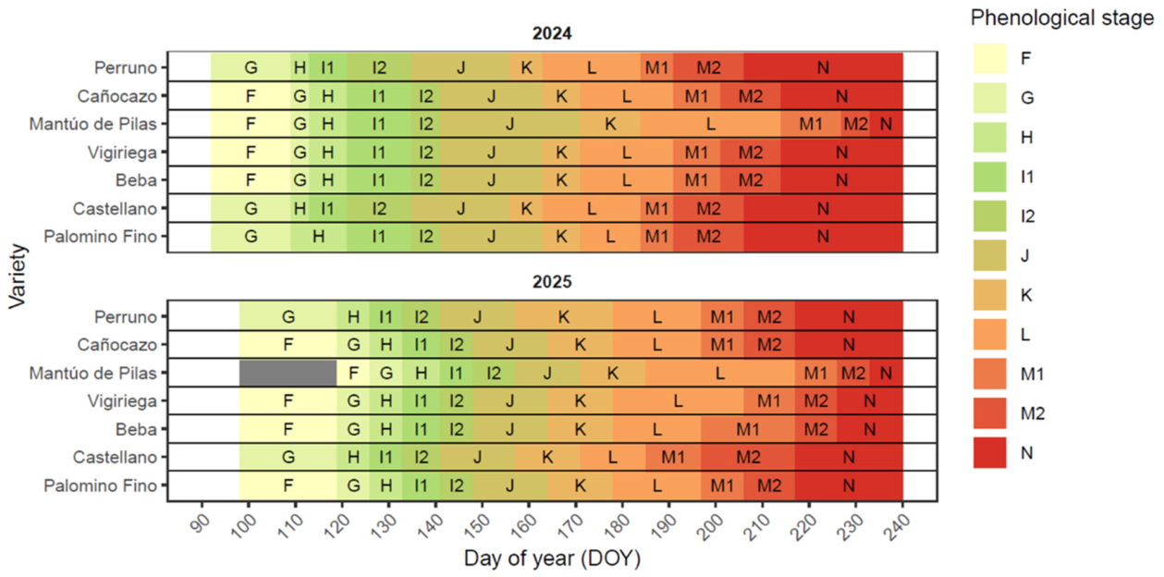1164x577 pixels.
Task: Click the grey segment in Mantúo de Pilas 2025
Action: click(288, 373)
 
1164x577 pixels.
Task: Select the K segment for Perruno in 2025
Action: click(563, 316)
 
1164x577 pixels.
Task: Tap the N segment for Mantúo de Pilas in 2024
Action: click(887, 124)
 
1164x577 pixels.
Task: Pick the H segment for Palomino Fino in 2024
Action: click(319, 237)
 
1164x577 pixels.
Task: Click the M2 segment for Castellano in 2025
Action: click(748, 457)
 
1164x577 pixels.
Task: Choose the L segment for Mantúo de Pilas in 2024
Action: click(710, 124)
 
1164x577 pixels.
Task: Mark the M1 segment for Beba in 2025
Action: click(748, 429)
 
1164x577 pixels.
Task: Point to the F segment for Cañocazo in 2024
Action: click(251, 95)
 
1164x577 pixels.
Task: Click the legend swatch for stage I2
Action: click(989, 215)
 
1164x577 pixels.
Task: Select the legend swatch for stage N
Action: click(989, 452)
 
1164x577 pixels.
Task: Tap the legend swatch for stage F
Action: click(989, 58)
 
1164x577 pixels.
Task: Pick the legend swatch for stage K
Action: click(989, 295)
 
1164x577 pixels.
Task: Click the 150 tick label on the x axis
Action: click(477, 526)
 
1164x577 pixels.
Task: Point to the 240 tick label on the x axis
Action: click(898, 526)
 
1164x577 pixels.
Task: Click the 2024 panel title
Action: click(552, 33)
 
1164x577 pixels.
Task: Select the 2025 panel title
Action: click(552, 282)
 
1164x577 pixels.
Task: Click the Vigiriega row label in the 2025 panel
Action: click(122, 400)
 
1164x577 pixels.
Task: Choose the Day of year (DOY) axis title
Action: click(552, 559)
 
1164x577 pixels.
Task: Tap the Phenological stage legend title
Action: click(1062, 18)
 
